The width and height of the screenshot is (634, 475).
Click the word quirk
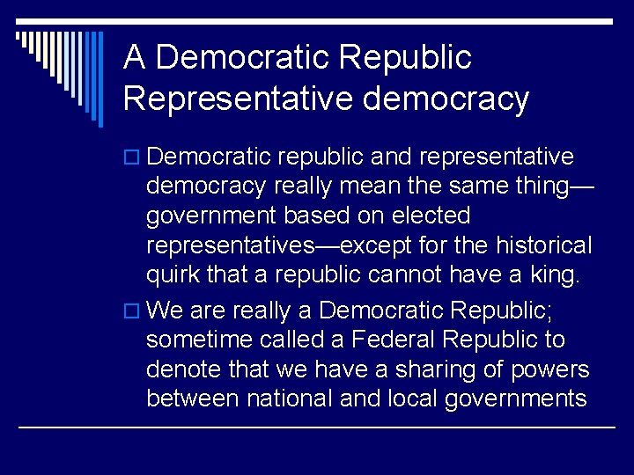click(x=173, y=275)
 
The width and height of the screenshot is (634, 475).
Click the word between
click(x=193, y=399)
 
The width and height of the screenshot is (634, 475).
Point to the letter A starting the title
click(x=134, y=58)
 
